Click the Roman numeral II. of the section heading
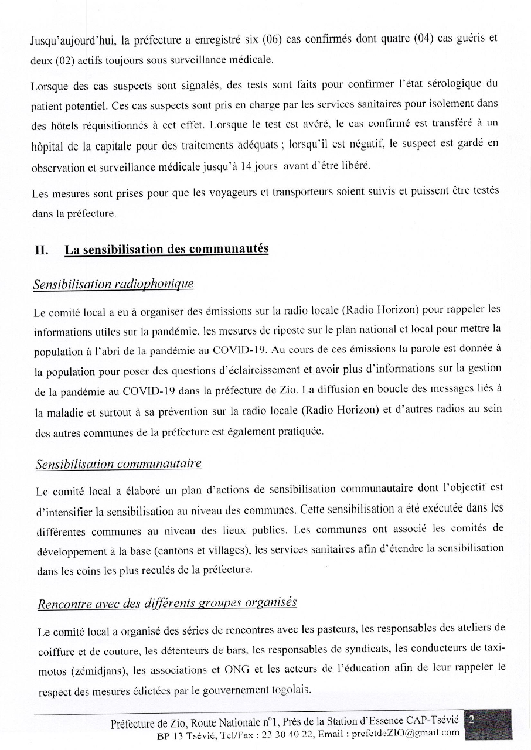(42, 250)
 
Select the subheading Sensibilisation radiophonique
(113, 284)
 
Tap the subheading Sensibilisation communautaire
(118, 464)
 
